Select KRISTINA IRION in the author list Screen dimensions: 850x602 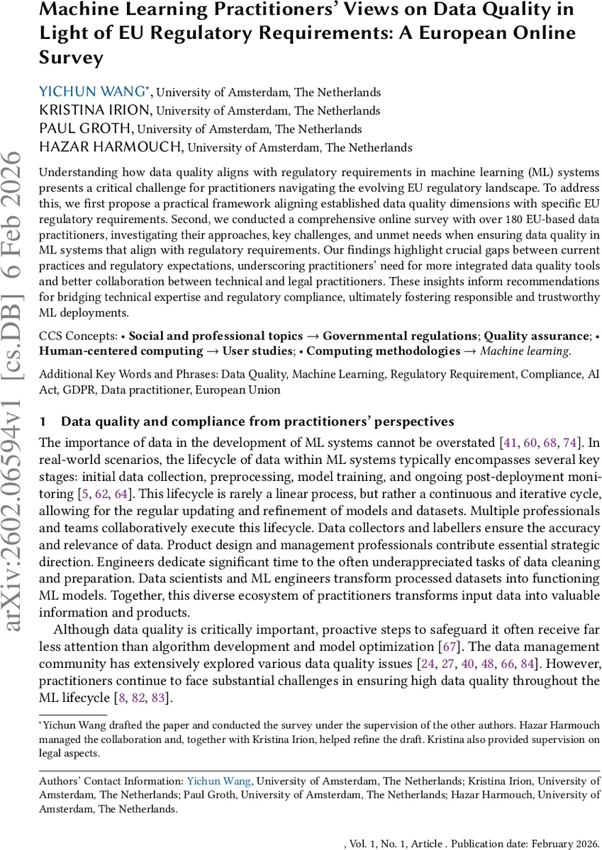click(x=96, y=110)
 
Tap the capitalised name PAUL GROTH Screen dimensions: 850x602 click(x=87, y=129)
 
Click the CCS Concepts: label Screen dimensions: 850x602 click(x=77, y=336)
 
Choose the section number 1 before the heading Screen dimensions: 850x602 click(x=43, y=421)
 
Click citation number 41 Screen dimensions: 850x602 click(x=509, y=443)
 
